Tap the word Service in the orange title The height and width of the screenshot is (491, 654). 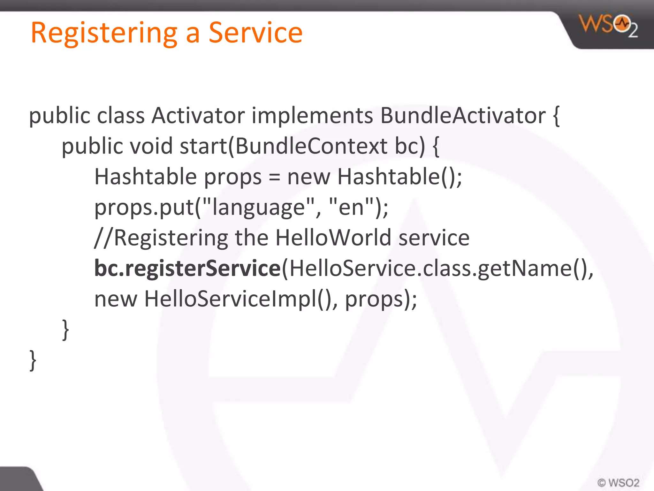255,33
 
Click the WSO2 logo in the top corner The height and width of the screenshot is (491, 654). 609,26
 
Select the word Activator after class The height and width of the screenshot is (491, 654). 198,115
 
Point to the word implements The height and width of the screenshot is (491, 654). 312,115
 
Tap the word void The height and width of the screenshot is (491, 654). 151,146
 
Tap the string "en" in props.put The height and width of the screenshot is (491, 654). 351,207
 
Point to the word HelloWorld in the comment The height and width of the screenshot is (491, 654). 333,238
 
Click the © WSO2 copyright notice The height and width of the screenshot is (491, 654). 618,482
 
